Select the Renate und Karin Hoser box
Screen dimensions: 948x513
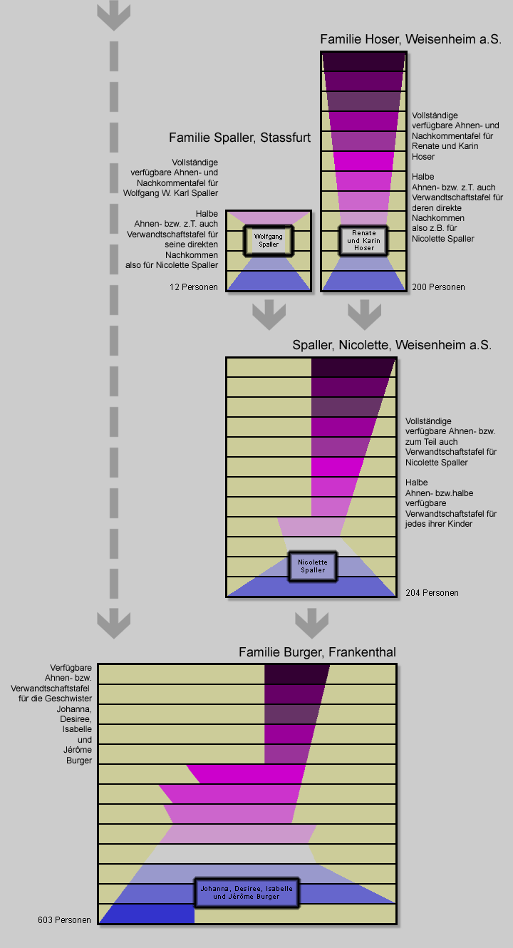363,240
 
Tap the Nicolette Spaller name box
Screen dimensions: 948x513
312,566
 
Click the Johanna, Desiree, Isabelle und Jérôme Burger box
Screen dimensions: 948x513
247,892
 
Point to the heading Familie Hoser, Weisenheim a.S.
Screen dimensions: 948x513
411,39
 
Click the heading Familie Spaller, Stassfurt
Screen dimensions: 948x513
239,138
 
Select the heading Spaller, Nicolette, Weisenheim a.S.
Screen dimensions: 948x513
391,345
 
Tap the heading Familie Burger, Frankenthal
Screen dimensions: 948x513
317,652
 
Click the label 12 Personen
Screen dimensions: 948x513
194,287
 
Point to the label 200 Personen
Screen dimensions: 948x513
438,287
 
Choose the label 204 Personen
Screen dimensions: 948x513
432,593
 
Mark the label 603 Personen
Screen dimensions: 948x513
64,920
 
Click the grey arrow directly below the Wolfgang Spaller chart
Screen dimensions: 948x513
269,314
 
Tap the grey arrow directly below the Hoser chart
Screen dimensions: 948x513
364,314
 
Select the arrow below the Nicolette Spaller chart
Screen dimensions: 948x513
311,622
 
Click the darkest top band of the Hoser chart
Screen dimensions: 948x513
363,62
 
